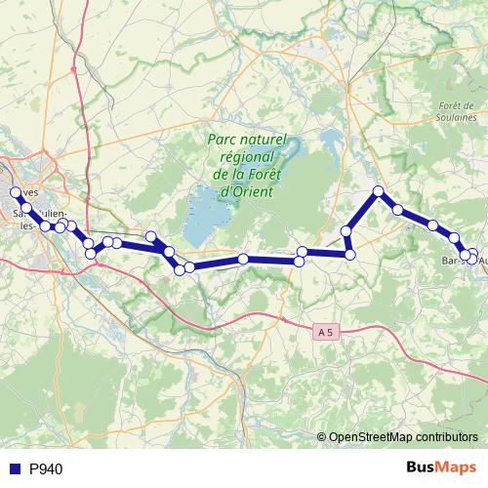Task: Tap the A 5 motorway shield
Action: pyautogui.click(x=325, y=333)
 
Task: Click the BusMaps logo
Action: pyautogui.click(x=443, y=468)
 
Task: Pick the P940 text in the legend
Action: pyautogui.click(x=46, y=469)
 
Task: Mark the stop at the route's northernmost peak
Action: pyautogui.click(x=378, y=191)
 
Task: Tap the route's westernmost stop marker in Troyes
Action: pyautogui.click(x=15, y=192)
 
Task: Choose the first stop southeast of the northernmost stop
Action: pyautogui.click(x=398, y=209)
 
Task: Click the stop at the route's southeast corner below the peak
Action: pyautogui.click(x=350, y=255)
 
